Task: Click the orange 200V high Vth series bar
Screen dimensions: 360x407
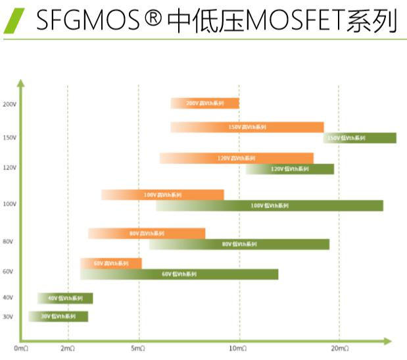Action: pyautogui.click(x=204, y=103)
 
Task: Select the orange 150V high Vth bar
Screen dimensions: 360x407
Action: pyautogui.click(x=247, y=127)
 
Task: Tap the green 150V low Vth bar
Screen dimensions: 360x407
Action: pyautogui.click(x=360, y=138)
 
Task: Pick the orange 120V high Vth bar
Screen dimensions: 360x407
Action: pyautogui.click(x=236, y=158)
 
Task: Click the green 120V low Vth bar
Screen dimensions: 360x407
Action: pyautogui.click(x=290, y=169)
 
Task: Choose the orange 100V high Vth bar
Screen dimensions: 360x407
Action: pyautogui.click(x=162, y=195)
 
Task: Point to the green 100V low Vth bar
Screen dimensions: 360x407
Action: pyautogui.click(x=269, y=206)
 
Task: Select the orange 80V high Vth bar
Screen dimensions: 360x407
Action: pyautogui.click(x=147, y=233)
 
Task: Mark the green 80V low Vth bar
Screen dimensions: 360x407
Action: pyautogui.click(x=239, y=244)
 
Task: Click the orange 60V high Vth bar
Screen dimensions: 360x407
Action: pyautogui.click(x=110, y=263)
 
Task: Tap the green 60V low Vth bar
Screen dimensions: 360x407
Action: pyautogui.click(x=179, y=274)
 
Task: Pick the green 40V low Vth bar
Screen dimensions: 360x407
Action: pyautogui.click(x=65, y=298)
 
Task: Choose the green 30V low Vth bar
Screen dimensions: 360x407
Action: pyautogui.click(x=58, y=317)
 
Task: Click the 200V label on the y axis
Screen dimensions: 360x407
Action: pyautogui.click(x=9, y=104)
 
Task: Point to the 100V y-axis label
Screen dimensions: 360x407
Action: pyautogui.click(x=9, y=204)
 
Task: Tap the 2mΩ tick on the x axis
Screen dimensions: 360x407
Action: pyautogui.click(x=67, y=348)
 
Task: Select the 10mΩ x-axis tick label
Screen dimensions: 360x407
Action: pyautogui.click(x=239, y=348)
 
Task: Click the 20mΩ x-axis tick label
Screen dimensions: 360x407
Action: pyautogui.click(x=339, y=348)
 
